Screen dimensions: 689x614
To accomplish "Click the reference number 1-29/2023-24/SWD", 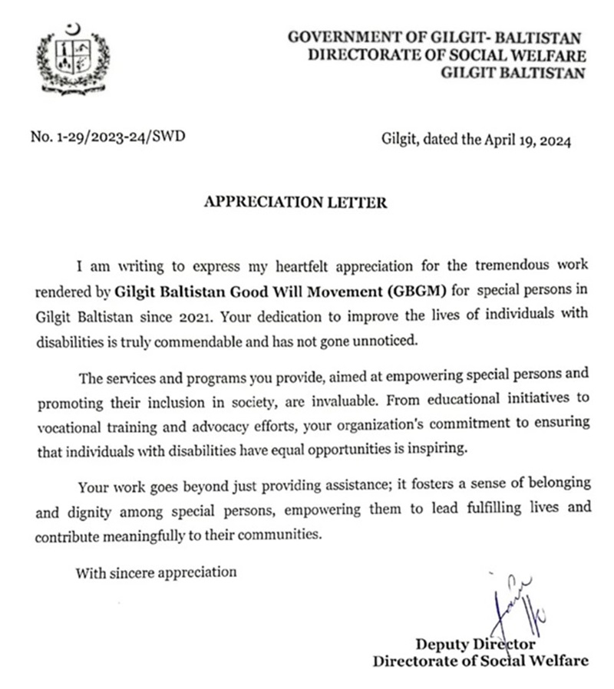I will pyautogui.click(x=107, y=138).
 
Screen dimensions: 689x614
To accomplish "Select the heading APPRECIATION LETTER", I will pyautogui.click(x=295, y=203).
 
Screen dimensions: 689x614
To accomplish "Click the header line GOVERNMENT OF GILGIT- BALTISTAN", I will pyautogui.click(x=434, y=37).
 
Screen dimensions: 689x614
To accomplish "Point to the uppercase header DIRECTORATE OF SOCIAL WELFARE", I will pyautogui.click(x=447, y=55).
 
